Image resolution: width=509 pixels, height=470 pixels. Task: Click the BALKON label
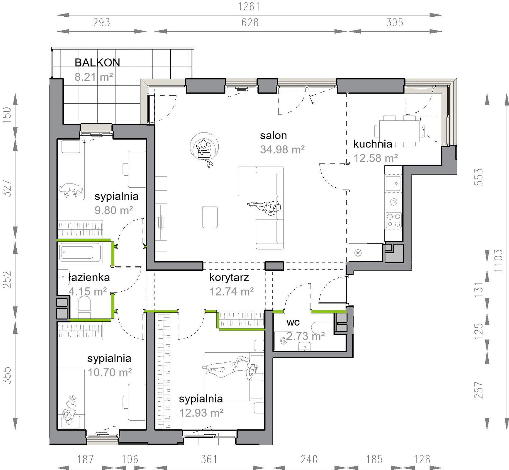point(97,62)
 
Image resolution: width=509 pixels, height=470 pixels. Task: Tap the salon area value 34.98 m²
point(282,150)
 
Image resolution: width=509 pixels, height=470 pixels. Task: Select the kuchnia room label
point(373,144)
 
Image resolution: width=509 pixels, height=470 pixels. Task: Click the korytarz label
point(229,277)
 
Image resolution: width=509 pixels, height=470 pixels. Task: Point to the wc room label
point(293,322)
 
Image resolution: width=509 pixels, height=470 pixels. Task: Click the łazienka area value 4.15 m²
point(88,291)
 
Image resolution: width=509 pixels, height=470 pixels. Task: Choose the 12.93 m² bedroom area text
point(201,413)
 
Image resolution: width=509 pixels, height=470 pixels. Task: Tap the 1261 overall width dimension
point(249,7)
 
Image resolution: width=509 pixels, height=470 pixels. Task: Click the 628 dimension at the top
point(250,23)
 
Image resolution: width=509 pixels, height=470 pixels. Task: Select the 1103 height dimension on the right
point(498,260)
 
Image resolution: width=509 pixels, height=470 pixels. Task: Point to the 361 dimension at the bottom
point(209,459)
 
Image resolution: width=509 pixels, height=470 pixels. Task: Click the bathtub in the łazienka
point(80,252)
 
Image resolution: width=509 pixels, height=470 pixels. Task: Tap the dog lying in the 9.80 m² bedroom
point(71,190)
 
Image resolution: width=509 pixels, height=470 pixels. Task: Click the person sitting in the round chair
point(204,151)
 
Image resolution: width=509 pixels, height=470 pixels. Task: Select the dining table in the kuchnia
point(399,131)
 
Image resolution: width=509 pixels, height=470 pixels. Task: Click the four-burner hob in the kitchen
point(394,220)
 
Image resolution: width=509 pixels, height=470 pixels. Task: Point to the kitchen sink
point(393,183)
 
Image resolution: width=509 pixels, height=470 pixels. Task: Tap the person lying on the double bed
point(231,367)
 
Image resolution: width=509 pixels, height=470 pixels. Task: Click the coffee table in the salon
point(210,217)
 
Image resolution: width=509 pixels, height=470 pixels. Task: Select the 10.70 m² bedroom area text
point(110,372)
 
